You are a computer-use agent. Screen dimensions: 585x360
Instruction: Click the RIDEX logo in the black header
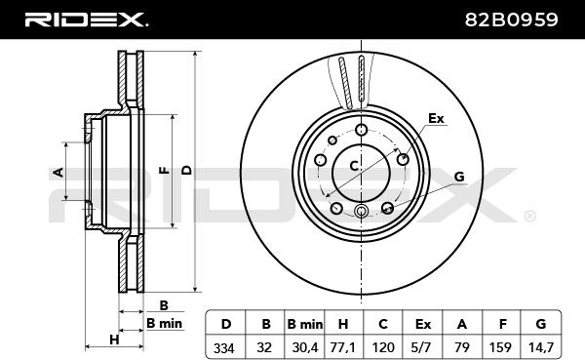pyautogui.click(x=86, y=20)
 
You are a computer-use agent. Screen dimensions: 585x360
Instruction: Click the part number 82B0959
pyautogui.click(x=511, y=20)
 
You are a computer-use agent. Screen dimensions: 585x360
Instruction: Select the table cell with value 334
pyautogui.click(x=224, y=347)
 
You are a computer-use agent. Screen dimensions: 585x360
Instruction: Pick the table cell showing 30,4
pyautogui.click(x=305, y=347)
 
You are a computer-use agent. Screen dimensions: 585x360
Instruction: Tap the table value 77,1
pyautogui.click(x=343, y=347)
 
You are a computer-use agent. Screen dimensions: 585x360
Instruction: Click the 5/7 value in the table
pyautogui.click(x=422, y=347)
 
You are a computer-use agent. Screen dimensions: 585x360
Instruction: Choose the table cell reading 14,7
pyautogui.click(x=541, y=347)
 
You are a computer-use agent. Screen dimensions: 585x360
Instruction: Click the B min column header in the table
pyautogui.click(x=305, y=324)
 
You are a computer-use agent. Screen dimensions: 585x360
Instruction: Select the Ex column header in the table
pyautogui.click(x=423, y=324)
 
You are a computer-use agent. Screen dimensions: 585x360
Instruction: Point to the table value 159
pyautogui.click(x=500, y=347)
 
